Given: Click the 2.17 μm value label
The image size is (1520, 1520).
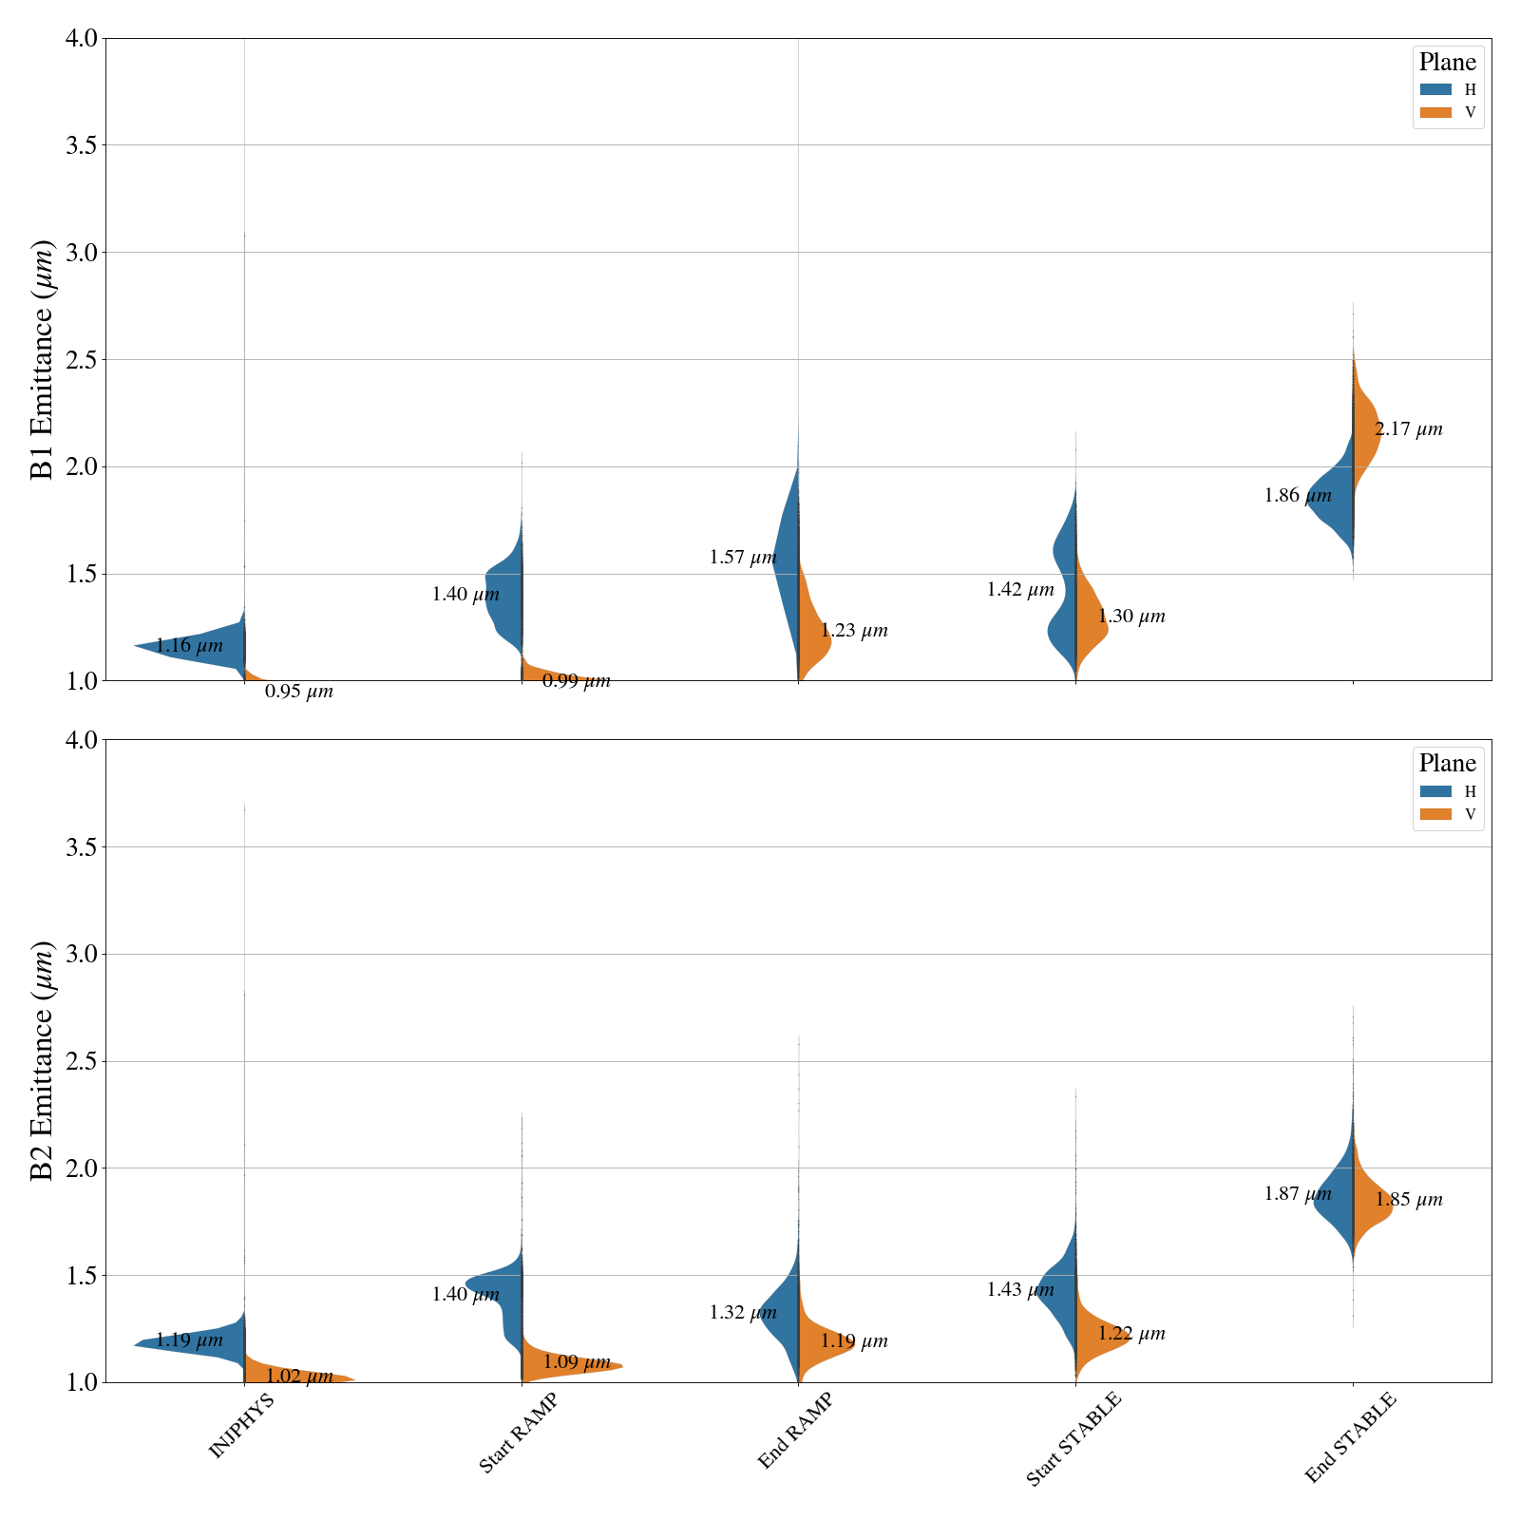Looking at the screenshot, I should click(x=1408, y=429).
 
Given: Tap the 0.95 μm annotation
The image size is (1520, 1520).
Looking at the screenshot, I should click(x=298, y=692).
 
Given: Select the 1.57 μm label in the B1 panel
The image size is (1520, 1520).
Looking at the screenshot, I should click(x=743, y=558).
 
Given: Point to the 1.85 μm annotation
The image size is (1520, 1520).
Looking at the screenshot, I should click(x=1409, y=1200).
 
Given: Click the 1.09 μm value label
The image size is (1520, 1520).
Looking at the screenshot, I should click(x=577, y=1362).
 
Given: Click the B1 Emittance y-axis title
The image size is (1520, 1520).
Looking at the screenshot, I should click(x=43, y=360).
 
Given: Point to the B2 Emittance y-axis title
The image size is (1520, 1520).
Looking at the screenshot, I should click(x=43, y=1061).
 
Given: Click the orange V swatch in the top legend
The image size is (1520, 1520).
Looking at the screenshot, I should click(x=1435, y=112).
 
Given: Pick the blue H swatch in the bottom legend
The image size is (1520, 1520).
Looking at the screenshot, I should click(x=1435, y=791).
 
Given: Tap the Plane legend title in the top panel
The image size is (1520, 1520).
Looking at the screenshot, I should click(x=1447, y=63).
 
